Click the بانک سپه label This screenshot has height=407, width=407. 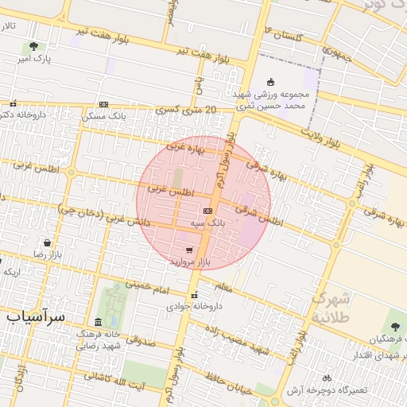[207, 225]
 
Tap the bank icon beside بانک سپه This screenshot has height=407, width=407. [207, 211]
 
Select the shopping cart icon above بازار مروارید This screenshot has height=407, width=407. [188, 250]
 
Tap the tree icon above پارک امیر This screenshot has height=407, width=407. [33, 46]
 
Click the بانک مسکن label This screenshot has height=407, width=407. [103, 116]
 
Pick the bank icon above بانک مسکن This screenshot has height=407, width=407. [103, 104]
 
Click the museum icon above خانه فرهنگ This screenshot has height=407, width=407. [98, 322]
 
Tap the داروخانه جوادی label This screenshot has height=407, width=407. [194, 304]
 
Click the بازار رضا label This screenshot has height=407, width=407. [48, 254]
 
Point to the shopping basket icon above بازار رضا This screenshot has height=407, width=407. [48, 242]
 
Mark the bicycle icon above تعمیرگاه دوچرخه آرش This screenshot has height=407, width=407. [326, 378]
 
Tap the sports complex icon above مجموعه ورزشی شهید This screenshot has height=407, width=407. [270, 81]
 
